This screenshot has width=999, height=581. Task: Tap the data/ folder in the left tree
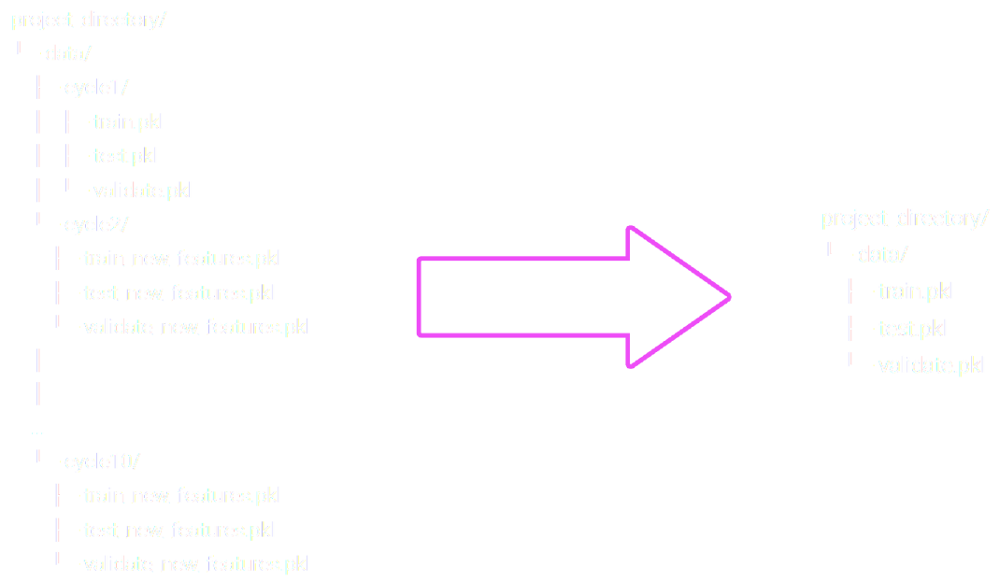[68, 54]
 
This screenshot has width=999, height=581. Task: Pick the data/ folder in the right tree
[882, 254]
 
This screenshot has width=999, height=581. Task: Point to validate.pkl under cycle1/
[141, 191]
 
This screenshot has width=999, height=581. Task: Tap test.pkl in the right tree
[911, 329]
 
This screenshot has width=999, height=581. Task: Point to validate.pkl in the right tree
[930, 365]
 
